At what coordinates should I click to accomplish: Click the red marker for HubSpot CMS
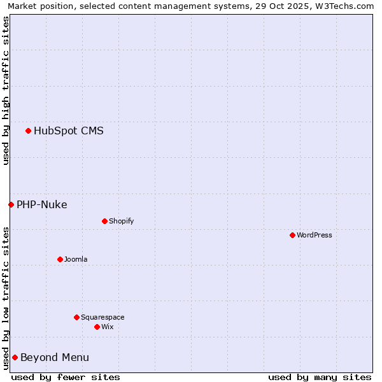(x=28, y=131)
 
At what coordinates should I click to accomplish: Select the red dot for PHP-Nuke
(x=11, y=204)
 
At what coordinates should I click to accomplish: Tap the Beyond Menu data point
(x=15, y=357)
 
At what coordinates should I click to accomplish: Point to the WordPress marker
(x=292, y=235)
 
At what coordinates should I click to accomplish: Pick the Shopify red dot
(x=104, y=221)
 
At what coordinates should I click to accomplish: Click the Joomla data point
(x=60, y=259)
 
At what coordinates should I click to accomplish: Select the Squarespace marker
(x=76, y=317)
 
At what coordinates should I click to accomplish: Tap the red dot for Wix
(x=97, y=327)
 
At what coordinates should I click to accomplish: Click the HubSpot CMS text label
(x=69, y=131)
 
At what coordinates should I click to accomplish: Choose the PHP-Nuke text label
(x=42, y=204)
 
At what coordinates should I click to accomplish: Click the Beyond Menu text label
(x=55, y=357)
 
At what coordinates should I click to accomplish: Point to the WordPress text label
(x=315, y=235)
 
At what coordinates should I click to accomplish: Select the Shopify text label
(x=122, y=221)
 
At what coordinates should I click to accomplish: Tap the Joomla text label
(x=76, y=259)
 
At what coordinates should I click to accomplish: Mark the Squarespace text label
(x=103, y=317)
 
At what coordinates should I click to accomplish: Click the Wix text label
(x=107, y=327)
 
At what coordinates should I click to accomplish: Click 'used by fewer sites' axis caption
(x=66, y=377)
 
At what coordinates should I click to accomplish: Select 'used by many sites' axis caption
(x=320, y=377)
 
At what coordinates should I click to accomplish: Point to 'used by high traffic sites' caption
(x=6, y=90)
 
